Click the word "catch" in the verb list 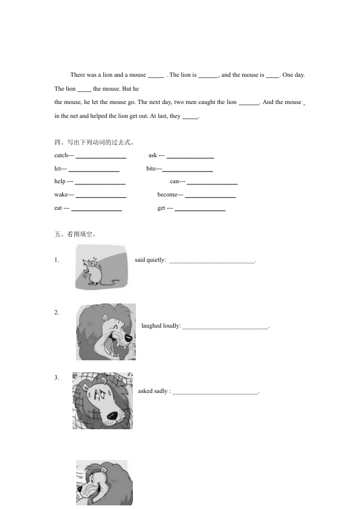tap(60, 155)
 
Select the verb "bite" tap(151, 168)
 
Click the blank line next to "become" tap(210, 197)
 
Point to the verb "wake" tap(60, 195)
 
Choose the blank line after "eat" tap(97, 210)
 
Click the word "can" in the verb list tap(174, 181)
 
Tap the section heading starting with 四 tap(94, 142)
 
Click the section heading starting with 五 tap(76, 234)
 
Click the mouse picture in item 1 tap(101, 267)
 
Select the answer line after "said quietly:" tap(212, 262)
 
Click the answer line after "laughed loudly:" tap(225, 328)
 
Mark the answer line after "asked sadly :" tap(216, 394)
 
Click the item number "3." tap(57, 378)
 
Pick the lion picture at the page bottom tap(104, 483)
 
